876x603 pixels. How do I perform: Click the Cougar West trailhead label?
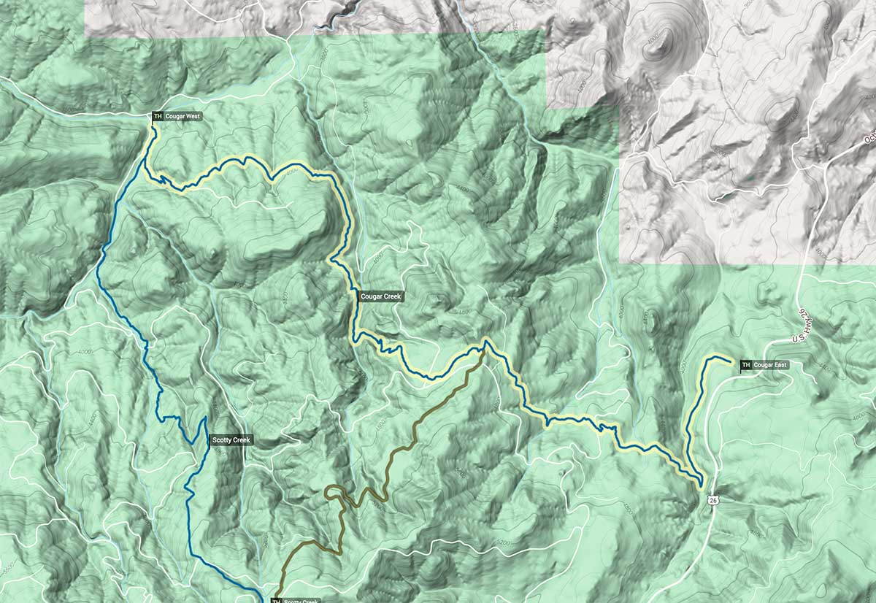[182, 116]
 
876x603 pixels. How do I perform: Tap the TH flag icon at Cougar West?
[157, 116]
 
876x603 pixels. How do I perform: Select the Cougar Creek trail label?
[381, 296]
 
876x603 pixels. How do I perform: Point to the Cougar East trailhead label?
[770, 364]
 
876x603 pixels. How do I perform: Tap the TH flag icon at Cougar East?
[745, 365]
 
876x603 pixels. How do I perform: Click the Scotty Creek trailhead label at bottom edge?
[299, 601]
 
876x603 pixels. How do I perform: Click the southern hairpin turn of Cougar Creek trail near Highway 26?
[700, 483]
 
